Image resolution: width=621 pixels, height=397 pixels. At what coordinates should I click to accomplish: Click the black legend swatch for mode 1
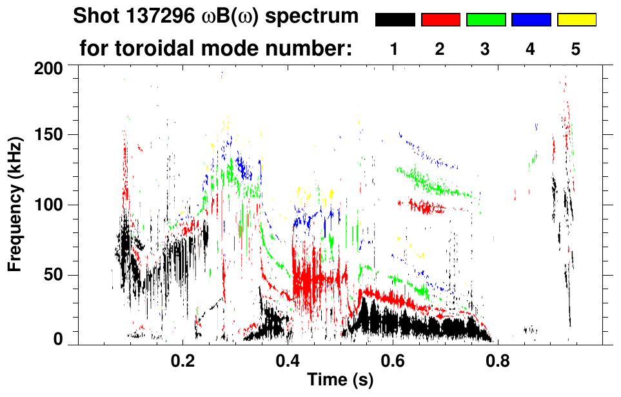tap(395, 20)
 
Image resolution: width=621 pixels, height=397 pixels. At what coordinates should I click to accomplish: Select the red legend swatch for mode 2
tap(440, 20)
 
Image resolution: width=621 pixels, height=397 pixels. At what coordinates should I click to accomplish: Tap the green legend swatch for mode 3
tap(486, 20)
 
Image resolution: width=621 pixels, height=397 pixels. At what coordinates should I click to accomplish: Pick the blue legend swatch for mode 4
tap(531, 20)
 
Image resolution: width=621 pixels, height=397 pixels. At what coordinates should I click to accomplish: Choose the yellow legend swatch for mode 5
tap(576, 20)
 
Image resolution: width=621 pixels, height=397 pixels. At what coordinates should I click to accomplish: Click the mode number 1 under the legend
tap(395, 49)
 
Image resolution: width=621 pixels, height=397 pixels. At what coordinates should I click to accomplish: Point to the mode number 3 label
tap(485, 49)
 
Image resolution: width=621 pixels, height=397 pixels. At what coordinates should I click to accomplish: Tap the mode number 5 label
tap(576, 49)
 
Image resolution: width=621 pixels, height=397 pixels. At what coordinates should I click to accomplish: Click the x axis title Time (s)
tap(339, 381)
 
